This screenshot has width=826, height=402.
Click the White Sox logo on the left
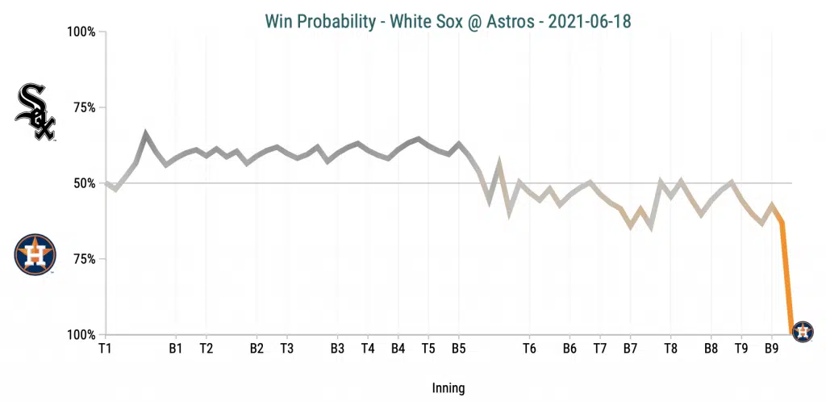pos(35,112)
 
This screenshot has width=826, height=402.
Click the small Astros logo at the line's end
pos(803,331)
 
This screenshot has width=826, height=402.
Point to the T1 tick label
pos(105,349)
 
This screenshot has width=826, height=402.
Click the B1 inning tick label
pos(176,349)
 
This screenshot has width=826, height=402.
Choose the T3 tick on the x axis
pos(286,349)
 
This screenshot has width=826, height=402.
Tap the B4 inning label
pos(398,349)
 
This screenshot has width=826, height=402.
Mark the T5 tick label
pos(428,349)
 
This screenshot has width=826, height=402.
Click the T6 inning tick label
pos(529,349)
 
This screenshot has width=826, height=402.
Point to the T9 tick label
pos(741,349)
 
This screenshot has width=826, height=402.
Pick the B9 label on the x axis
pos(771,349)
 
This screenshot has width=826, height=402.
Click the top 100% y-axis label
pos(81,32)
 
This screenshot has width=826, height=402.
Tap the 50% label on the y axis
pos(84,183)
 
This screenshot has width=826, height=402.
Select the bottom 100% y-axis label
pos(81,334)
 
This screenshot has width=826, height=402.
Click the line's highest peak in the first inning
pos(145,133)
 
